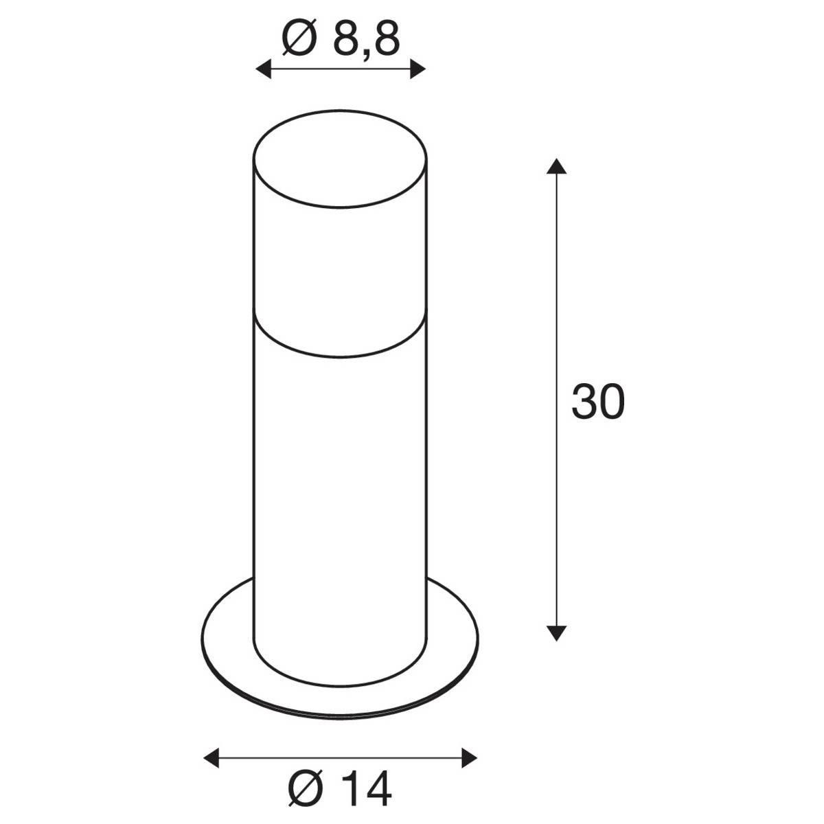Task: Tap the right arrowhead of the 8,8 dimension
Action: tap(418, 69)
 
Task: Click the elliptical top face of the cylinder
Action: tap(341, 162)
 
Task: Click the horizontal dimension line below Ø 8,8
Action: tap(341, 69)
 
